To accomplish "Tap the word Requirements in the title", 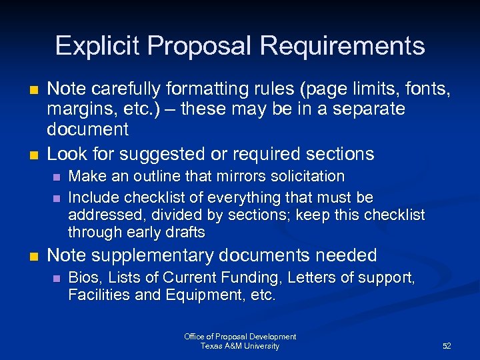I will tap(342, 46).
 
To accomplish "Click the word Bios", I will tap(82, 277).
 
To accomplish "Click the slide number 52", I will tap(447, 346).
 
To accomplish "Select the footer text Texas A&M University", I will tap(240, 346).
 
